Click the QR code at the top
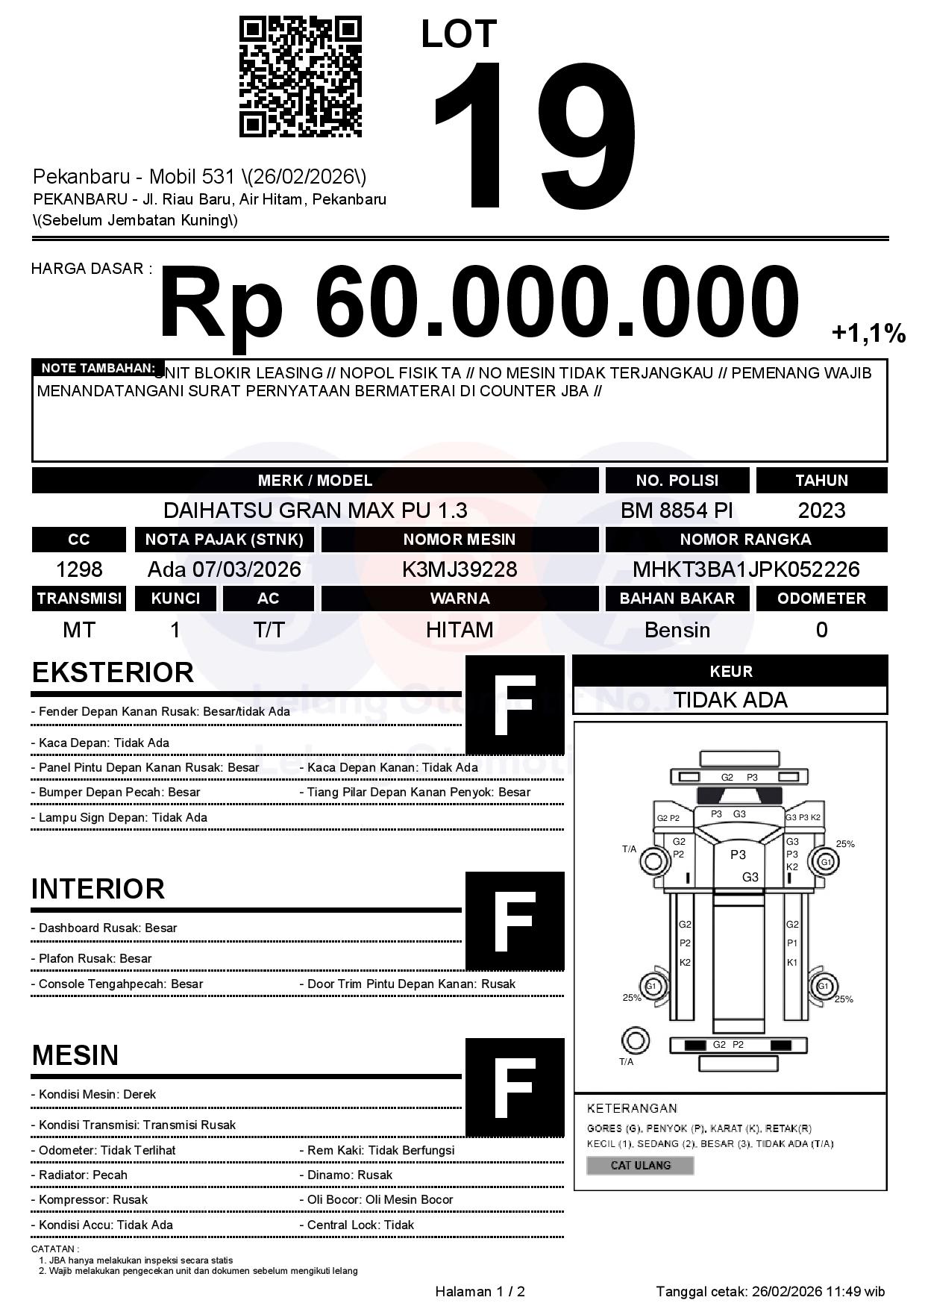click(300, 78)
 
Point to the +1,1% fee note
click(868, 333)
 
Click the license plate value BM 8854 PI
click(677, 510)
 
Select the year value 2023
click(821, 510)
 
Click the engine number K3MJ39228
click(460, 569)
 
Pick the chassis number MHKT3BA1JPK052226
click(746, 569)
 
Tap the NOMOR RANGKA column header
click(746, 539)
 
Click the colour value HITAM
click(460, 630)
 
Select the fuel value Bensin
click(677, 630)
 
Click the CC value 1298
click(79, 569)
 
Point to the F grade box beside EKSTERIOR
click(515, 705)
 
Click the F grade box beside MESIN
click(515, 1087)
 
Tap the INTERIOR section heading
click(98, 889)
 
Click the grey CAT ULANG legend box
click(640, 1165)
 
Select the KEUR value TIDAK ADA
click(730, 700)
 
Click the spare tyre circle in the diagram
click(635, 1040)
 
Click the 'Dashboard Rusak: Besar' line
click(107, 928)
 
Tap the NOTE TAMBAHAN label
click(98, 368)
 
